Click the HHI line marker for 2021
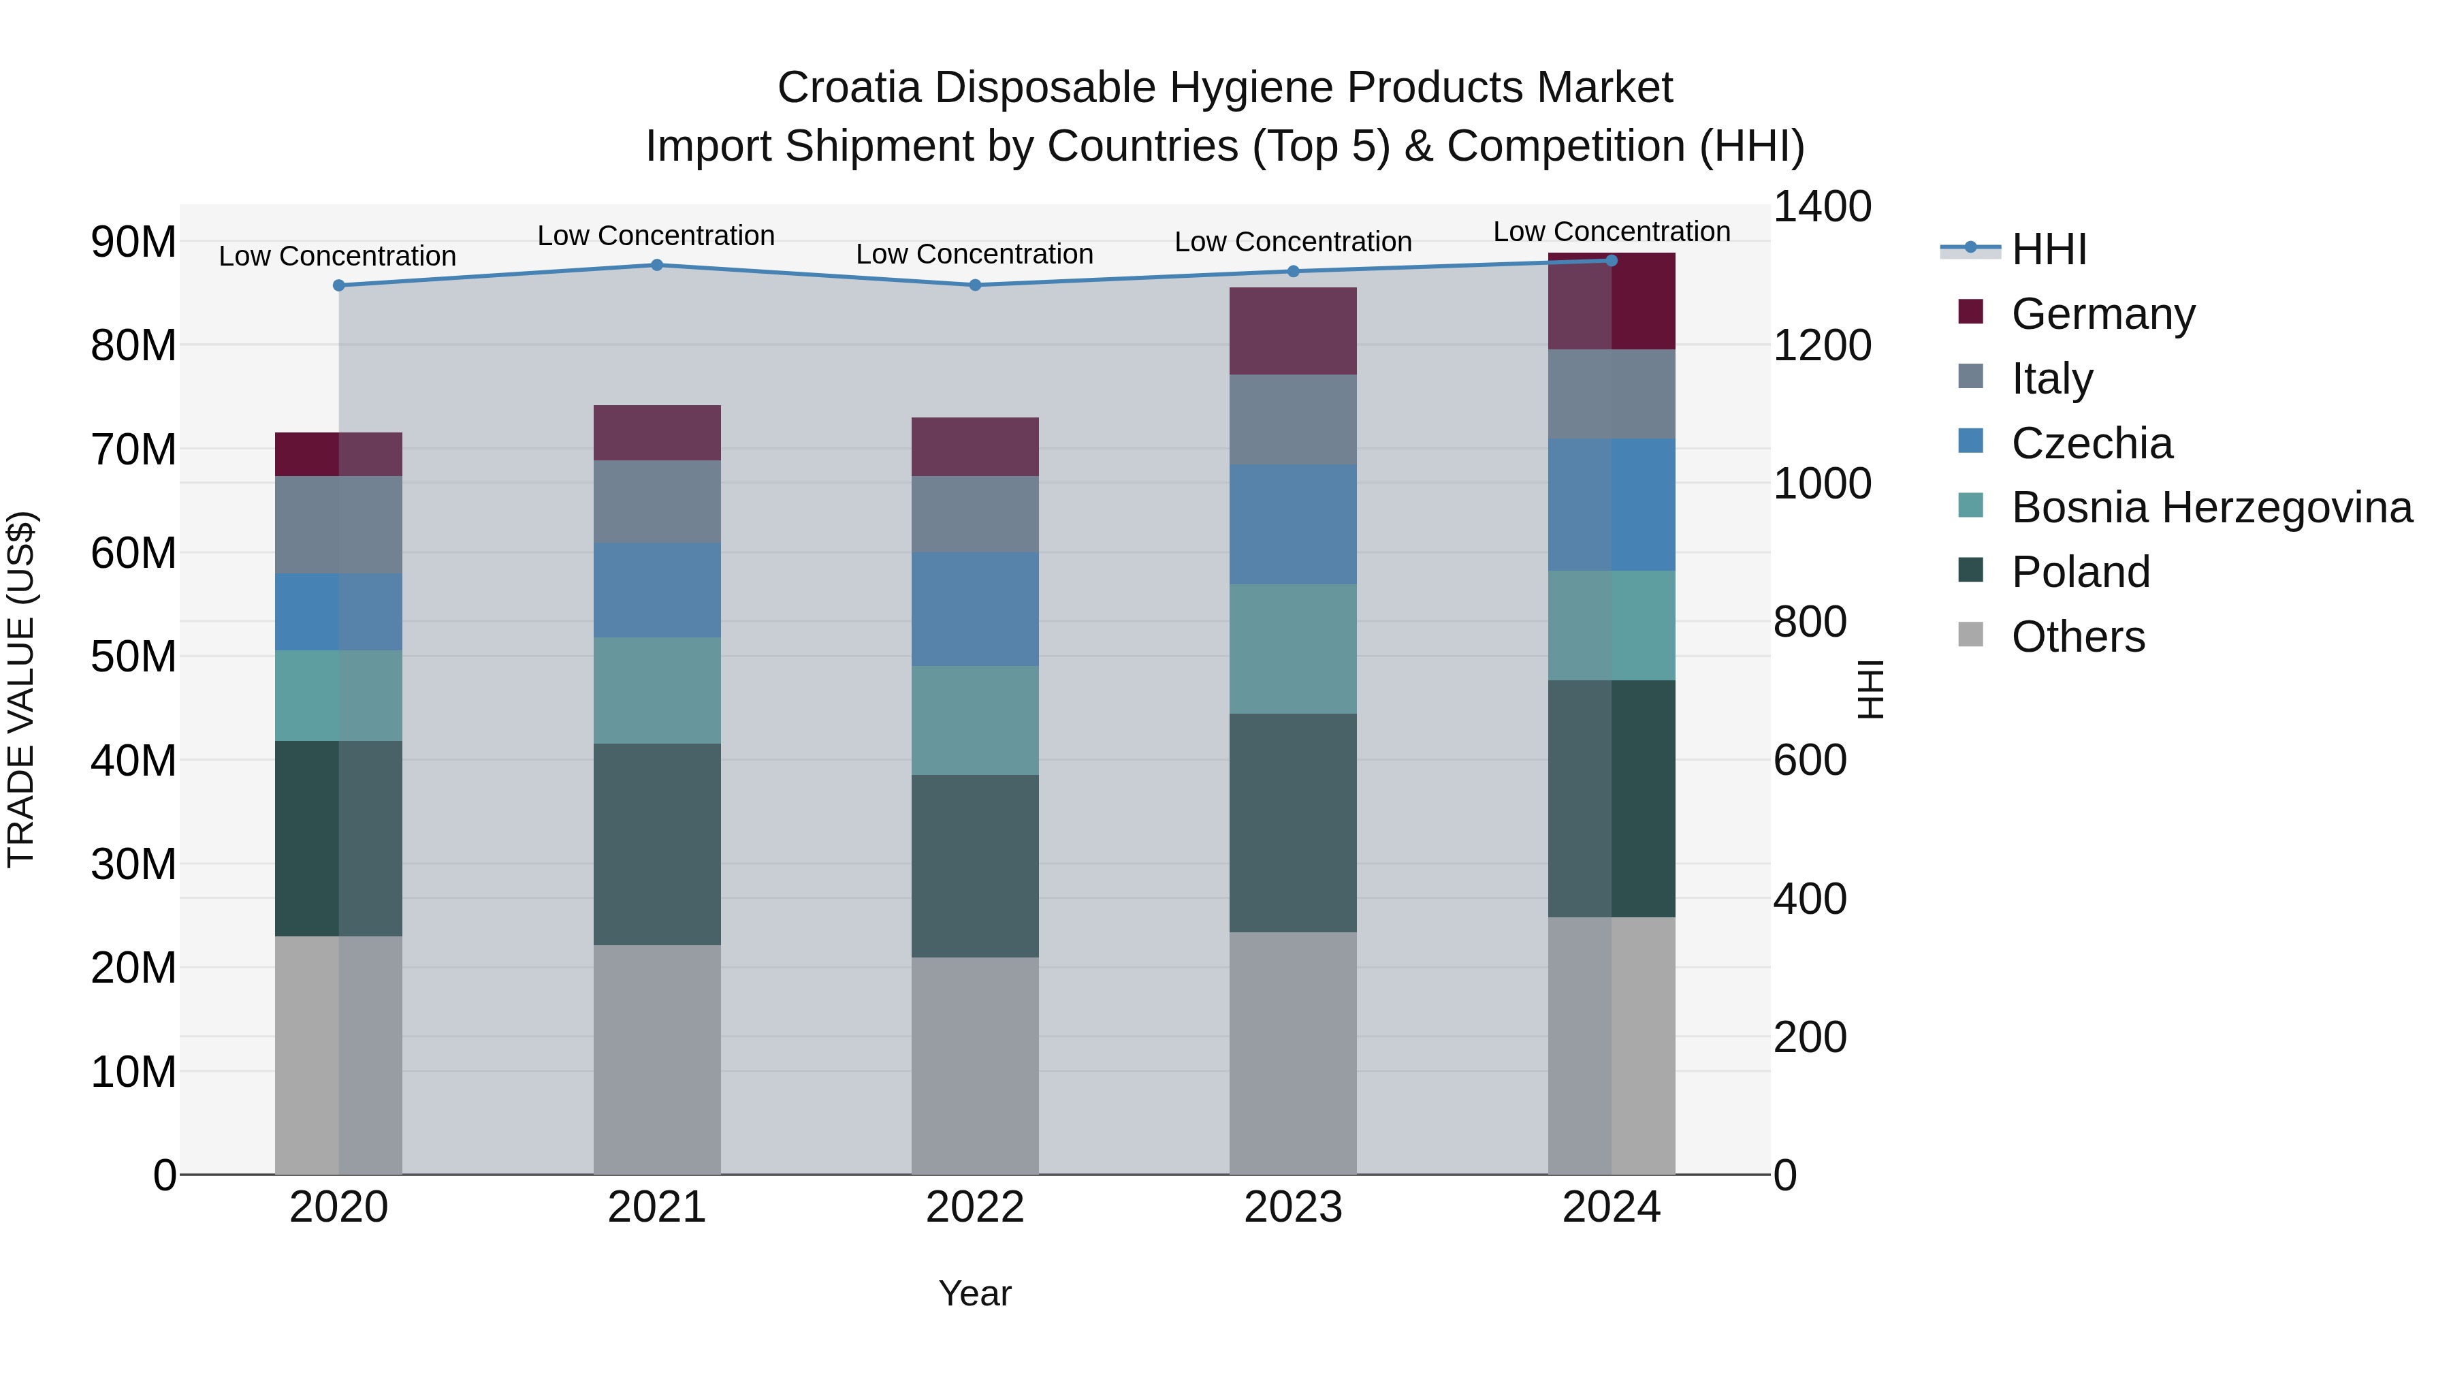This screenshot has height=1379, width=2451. coord(656,266)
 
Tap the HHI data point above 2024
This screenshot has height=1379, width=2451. coord(1611,261)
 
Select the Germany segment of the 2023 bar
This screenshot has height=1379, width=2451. coord(1292,331)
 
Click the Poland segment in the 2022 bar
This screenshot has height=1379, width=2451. coord(974,866)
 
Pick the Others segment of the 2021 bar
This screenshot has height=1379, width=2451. coord(656,1059)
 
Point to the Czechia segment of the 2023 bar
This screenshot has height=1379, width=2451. coord(1292,524)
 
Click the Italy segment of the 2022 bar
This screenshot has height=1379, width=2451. coord(974,515)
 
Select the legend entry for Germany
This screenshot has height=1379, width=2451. coord(2103,314)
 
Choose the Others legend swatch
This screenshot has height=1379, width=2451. coord(1970,635)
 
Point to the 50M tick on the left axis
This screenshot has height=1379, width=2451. coord(133,656)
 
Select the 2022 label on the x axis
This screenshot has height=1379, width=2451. coord(974,1207)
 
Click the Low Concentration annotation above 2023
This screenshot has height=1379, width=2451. coord(1292,242)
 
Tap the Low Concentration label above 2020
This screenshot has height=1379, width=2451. coord(337,257)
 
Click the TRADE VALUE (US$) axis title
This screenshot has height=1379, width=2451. coord(21,690)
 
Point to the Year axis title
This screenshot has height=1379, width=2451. coord(974,1293)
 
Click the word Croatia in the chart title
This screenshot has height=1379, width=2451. coord(849,88)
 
